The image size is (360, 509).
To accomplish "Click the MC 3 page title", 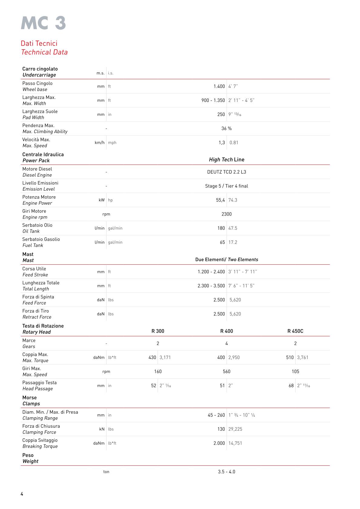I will [x=44, y=24].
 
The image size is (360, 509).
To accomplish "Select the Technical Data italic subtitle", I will [x=44, y=52].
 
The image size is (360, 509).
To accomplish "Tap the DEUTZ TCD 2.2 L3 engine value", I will [x=227, y=172].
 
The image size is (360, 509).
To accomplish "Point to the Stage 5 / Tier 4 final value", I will [x=227, y=186].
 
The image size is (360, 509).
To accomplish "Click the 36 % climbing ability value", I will [x=227, y=129].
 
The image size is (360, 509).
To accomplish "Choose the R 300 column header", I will [x=158, y=331].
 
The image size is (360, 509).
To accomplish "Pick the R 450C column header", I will [x=295, y=331].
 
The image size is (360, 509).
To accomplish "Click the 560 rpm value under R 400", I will [x=227, y=372].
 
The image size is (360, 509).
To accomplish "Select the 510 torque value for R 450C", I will [x=290, y=357].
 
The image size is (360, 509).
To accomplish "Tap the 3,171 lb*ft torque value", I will [x=165, y=357].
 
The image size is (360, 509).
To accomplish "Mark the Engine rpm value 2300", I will [x=227, y=214].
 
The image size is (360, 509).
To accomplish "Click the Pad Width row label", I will [x=33, y=118].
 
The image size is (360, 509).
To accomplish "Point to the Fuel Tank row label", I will [x=33, y=245].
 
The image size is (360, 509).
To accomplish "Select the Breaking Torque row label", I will [x=40, y=446].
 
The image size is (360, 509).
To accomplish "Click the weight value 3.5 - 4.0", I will [x=227, y=472].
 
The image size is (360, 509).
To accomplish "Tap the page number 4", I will [x=22, y=494].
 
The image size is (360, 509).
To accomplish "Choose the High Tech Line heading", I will [x=227, y=160].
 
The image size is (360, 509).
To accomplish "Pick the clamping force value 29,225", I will [x=235, y=429].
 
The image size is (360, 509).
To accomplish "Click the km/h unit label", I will [x=100, y=143].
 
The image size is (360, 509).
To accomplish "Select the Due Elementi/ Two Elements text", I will [x=227, y=259].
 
